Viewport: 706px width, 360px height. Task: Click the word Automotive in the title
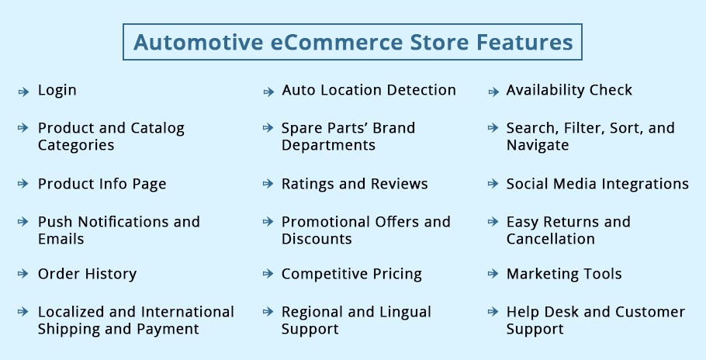[198, 42]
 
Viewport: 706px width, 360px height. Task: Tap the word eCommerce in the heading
[337, 42]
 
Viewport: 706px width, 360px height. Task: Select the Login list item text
[57, 91]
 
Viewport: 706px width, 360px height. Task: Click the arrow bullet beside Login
[23, 92]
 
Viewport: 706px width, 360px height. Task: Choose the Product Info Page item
[102, 184]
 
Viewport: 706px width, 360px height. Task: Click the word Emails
[61, 238]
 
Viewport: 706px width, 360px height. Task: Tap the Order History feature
[88, 274]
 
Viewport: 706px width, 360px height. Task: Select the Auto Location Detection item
[369, 90]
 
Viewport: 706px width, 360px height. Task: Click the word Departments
[329, 145]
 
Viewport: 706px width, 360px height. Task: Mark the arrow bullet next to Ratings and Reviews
[268, 184]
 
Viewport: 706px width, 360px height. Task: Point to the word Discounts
[317, 238]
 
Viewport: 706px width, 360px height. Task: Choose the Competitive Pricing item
[351, 274]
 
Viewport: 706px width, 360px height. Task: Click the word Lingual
[406, 312]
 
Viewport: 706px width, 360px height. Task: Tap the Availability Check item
[569, 90]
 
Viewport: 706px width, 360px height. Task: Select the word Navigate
[538, 145]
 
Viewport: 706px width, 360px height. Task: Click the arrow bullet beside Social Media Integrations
[493, 184]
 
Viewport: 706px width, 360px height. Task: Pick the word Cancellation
[551, 238]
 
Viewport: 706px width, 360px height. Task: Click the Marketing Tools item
[564, 274]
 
